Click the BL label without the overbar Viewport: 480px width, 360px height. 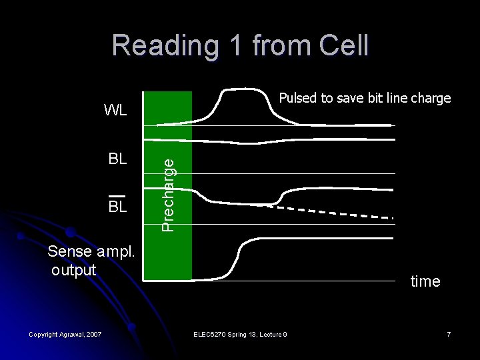pyautogui.click(x=117, y=160)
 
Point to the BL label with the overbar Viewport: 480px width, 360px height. pyautogui.click(x=117, y=206)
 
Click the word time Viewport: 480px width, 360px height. pyautogui.click(x=425, y=281)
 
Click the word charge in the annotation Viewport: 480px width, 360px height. pyautogui.click(x=431, y=99)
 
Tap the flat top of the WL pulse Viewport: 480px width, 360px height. pyautogui.click(x=244, y=89)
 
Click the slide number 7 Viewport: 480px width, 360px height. pyautogui.click(x=449, y=333)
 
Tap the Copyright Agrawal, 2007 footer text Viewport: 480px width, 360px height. pyautogui.click(x=64, y=333)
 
